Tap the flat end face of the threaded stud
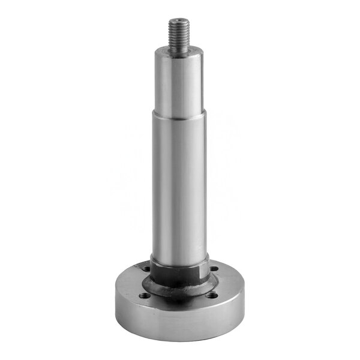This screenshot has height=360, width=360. pyautogui.click(x=179, y=21)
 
